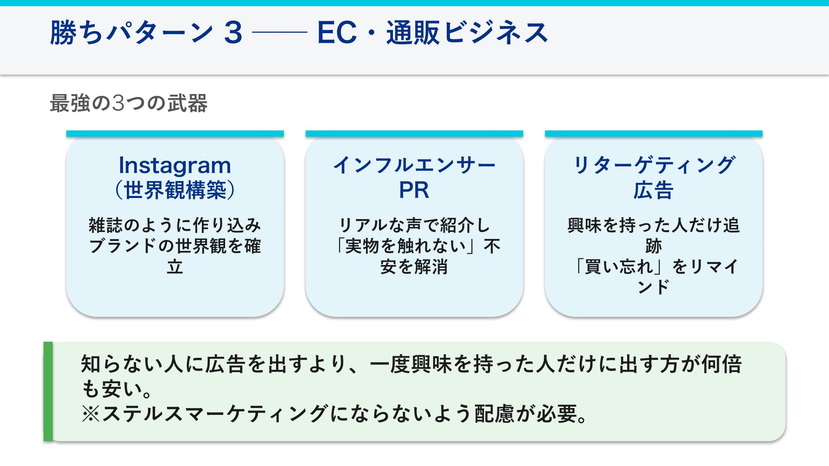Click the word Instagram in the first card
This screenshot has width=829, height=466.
click(x=175, y=166)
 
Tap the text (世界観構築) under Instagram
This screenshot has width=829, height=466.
click(x=175, y=190)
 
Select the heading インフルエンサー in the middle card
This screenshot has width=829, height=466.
click(x=414, y=166)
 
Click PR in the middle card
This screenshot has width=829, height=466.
click(x=414, y=190)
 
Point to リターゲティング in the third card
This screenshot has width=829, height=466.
click(x=653, y=166)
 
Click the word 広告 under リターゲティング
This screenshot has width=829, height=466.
click(x=653, y=190)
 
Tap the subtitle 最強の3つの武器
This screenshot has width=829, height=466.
click(x=128, y=103)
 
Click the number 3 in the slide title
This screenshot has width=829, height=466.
click(x=233, y=33)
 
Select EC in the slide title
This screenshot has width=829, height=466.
click(x=337, y=33)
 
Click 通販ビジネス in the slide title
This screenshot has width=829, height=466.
click(x=467, y=33)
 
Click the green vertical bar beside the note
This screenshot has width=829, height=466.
click(x=48, y=391)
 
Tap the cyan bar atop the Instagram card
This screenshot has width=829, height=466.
click(x=175, y=134)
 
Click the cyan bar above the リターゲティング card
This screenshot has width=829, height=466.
click(x=653, y=134)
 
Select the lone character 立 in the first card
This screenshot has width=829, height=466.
click(x=175, y=267)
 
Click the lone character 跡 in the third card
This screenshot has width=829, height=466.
click(x=653, y=246)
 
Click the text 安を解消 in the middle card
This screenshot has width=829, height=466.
click(x=414, y=267)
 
